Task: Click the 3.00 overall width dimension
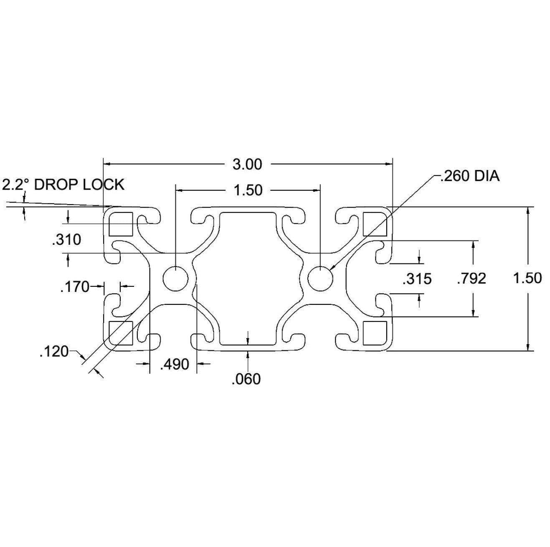[247, 165]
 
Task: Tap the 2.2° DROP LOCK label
[63, 185]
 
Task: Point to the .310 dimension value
[67, 240]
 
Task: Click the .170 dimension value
[75, 287]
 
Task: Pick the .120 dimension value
[54, 352]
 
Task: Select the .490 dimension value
[175, 364]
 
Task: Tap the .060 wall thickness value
[246, 379]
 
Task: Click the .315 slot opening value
[417, 279]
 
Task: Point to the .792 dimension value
[471, 279]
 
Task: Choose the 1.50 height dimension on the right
[527, 279]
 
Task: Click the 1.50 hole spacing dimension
[248, 190]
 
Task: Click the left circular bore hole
[175, 279]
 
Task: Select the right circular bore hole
[321, 279]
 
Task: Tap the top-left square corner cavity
[121, 224]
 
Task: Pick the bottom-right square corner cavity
[375, 333]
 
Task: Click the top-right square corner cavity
[375, 224]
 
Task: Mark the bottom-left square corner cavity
[121, 333]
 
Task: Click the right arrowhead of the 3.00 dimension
[389, 164]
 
